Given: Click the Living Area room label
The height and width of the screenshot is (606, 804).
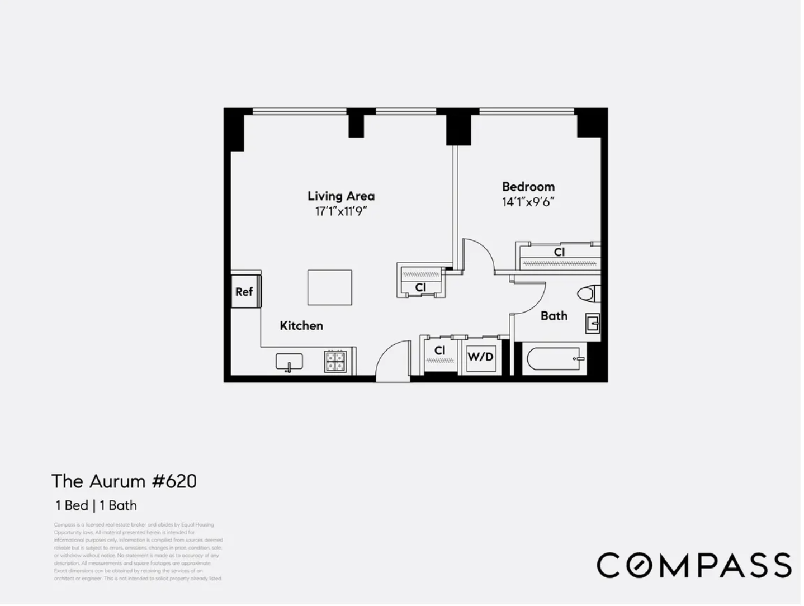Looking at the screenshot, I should (x=340, y=196).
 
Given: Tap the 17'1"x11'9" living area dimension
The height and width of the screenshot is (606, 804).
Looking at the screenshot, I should (x=340, y=211).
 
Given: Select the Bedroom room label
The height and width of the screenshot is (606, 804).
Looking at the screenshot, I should (x=528, y=186).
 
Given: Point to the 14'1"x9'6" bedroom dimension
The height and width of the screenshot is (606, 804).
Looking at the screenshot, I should (x=528, y=202).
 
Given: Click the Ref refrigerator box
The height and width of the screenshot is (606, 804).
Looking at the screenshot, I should (x=244, y=291).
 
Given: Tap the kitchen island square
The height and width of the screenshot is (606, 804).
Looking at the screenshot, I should (x=329, y=287).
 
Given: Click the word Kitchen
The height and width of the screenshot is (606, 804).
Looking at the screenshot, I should (x=301, y=325).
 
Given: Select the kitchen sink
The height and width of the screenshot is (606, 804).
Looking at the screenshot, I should (x=289, y=362).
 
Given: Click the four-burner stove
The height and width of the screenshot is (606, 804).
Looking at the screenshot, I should (x=335, y=361).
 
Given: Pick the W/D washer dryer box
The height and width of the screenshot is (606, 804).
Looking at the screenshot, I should (x=480, y=356).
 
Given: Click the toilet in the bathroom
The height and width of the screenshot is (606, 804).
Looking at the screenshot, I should (x=589, y=293).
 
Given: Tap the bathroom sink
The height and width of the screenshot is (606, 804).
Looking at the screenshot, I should (x=592, y=323).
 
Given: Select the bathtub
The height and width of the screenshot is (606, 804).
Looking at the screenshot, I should (x=555, y=359).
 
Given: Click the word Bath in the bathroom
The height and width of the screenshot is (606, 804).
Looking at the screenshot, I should (x=554, y=316).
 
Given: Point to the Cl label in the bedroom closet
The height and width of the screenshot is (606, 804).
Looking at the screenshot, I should (x=559, y=252).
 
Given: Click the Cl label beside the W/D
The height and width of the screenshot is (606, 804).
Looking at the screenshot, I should (x=439, y=351).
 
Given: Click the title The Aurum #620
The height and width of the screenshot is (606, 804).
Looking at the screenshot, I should (x=124, y=481).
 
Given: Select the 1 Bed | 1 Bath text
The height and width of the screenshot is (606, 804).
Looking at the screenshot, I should (x=96, y=505).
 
